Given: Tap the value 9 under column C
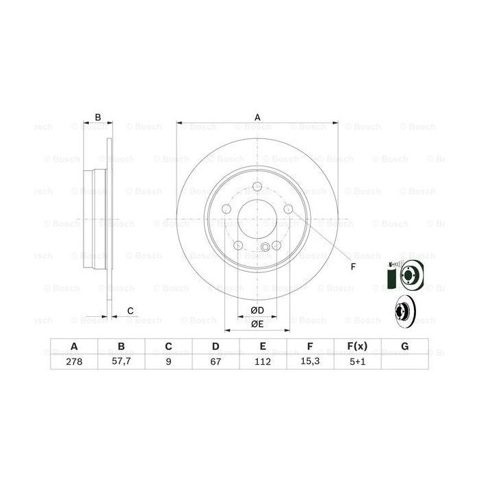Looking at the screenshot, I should [168, 363].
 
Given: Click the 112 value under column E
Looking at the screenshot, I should [263, 363].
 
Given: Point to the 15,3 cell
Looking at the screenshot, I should [310, 363].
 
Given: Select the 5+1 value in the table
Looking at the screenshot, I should [357, 363].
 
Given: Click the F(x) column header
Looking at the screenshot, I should [357, 347].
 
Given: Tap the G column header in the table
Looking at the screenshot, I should [405, 347].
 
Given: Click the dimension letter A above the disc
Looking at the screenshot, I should [258, 117].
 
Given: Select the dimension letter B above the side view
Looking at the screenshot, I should [98, 118].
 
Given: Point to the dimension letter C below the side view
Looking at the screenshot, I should [130, 312].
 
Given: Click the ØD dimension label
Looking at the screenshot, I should [257, 311].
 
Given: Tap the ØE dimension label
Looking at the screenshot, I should [257, 324].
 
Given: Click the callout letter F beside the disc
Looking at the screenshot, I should [353, 267].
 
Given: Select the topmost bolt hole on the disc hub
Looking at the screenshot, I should [257, 190].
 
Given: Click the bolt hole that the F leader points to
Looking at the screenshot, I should [289, 209].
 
